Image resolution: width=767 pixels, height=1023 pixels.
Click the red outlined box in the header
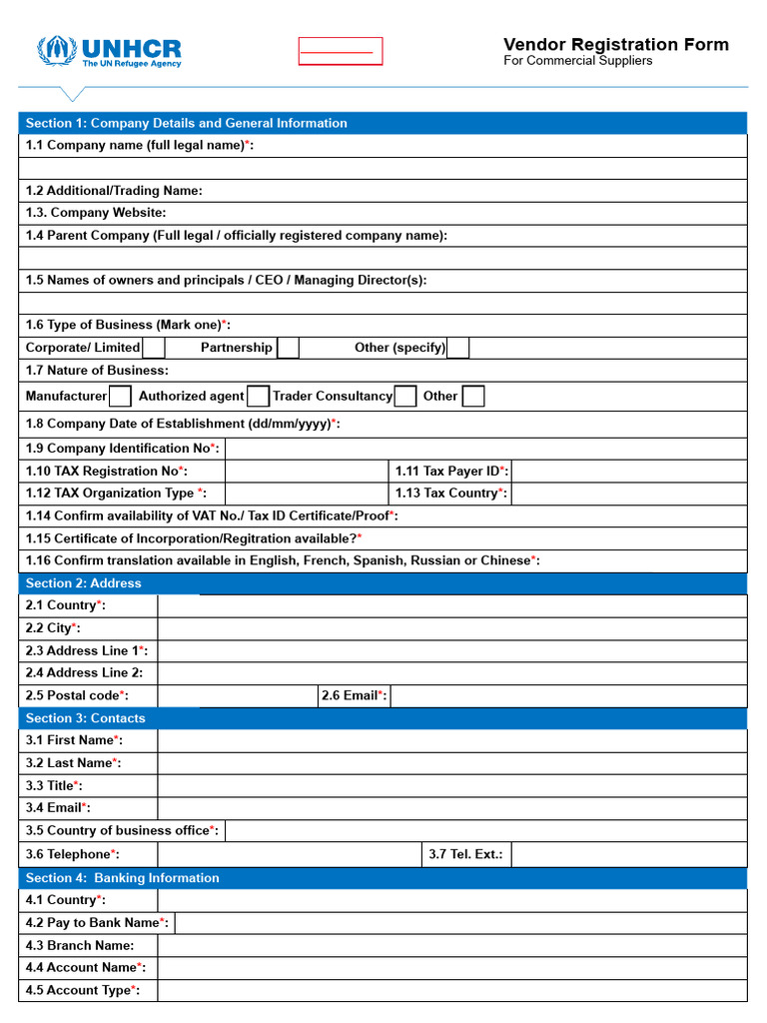click(x=340, y=51)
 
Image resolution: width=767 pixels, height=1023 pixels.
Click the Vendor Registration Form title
click(x=615, y=44)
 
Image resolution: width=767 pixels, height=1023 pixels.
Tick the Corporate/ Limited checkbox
click(x=154, y=348)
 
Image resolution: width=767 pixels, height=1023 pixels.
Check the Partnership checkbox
click(x=288, y=348)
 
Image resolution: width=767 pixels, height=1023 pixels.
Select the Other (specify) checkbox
click(x=457, y=348)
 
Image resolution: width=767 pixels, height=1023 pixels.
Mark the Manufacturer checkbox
click(x=120, y=397)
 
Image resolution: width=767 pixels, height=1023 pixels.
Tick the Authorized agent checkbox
click(x=258, y=397)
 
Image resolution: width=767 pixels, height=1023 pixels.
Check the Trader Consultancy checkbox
click(x=404, y=397)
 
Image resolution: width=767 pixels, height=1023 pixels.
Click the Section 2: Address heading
click(x=84, y=583)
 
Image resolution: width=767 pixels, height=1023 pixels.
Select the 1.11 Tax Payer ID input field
click(x=627, y=471)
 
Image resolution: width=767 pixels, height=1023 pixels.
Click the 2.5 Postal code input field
click(x=237, y=695)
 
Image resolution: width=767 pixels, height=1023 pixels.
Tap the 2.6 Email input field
click(x=567, y=695)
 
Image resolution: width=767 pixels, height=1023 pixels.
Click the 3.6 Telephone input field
click(x=289, y=854)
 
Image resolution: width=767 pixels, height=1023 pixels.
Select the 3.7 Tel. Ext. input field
click(x=627, y=854)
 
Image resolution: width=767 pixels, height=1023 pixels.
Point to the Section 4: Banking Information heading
click(x=122, y=878)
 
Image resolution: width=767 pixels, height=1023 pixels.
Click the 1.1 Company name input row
click(x=383, y=168)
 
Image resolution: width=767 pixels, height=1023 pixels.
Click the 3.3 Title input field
click(x=451, y=785)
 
